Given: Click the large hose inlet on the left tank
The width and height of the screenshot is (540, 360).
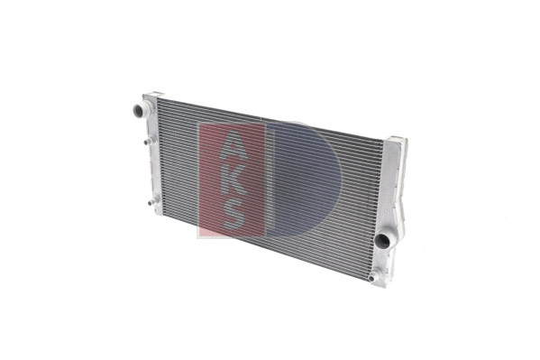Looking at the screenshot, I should (136, 112).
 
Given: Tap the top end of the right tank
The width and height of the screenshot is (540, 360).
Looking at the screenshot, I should (397, 141).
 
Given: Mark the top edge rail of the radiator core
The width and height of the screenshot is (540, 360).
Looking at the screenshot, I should (270, 116).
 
